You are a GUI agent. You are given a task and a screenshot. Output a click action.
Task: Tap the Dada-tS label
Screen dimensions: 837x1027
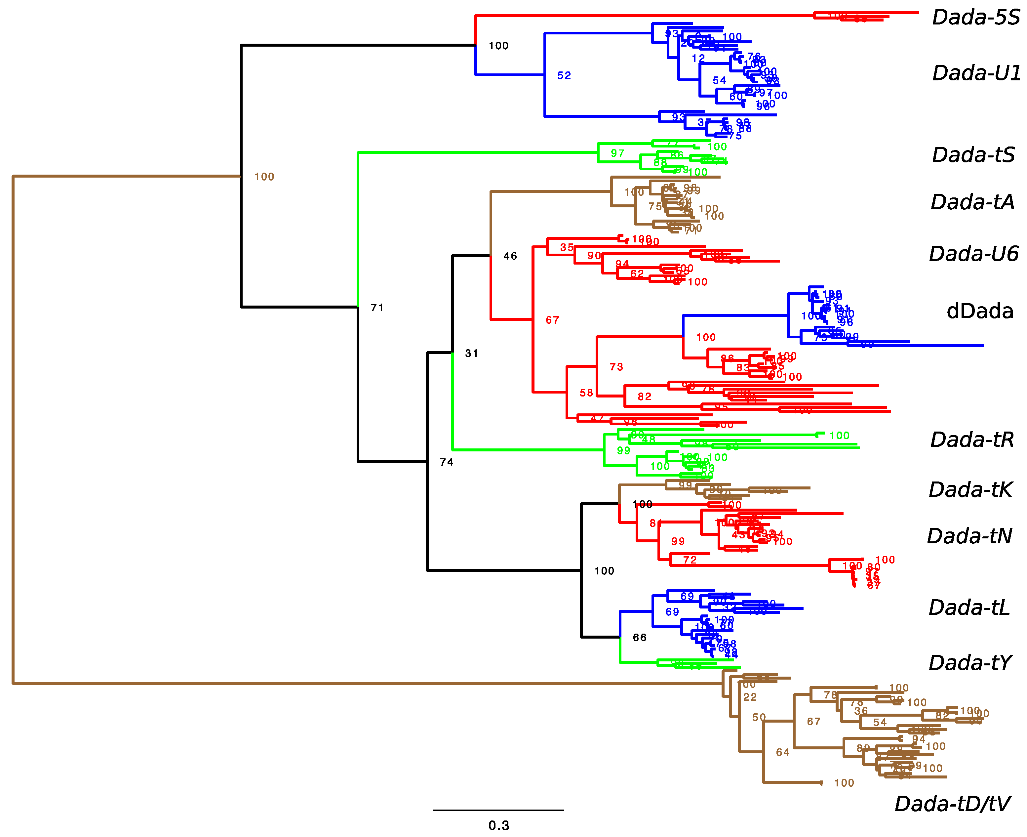click(973, 155)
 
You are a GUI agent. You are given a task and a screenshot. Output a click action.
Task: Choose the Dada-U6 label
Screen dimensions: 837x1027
click(973, 254)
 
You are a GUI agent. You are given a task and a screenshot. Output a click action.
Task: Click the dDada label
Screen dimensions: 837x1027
click(979, 311)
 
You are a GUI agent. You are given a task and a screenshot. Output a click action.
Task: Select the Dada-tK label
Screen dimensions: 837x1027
click(970, 489)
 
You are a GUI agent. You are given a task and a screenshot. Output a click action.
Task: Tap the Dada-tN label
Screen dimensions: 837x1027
click(969, 536)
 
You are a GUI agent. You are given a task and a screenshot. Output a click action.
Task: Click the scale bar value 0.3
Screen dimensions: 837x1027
click(498, 825)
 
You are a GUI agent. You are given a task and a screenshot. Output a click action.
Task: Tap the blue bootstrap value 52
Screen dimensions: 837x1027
click(564, 76)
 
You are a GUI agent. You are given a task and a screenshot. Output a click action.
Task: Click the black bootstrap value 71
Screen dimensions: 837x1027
click(377, 308)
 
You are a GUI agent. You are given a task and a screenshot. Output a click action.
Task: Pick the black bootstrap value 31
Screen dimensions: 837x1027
click(471, 354)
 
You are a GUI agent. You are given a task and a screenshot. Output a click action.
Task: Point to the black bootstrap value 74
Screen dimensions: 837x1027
click(446, 462)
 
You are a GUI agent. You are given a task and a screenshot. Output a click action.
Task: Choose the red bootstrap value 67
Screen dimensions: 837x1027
click(552, 320)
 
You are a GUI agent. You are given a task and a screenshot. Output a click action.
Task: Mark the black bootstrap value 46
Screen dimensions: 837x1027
click(510, 256)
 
